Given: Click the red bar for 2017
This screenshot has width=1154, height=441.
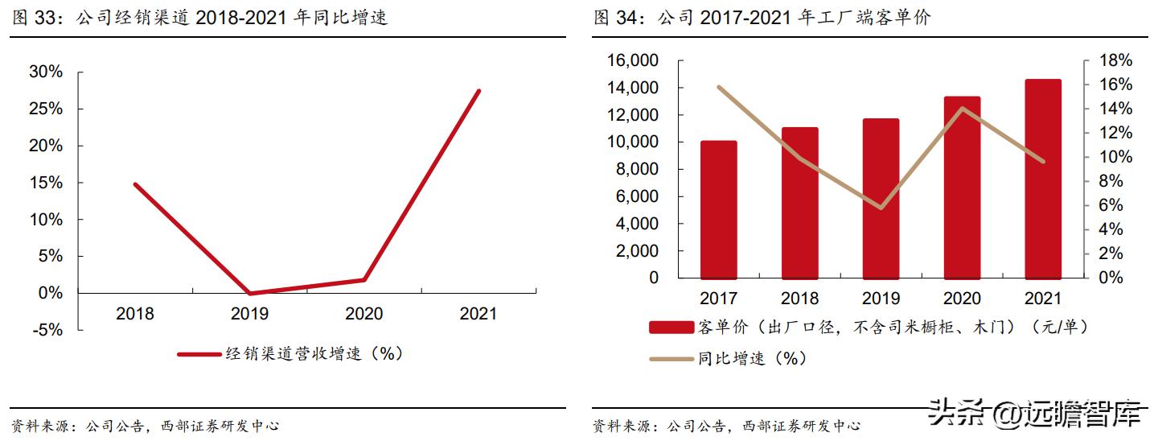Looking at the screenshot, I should pos(718,209).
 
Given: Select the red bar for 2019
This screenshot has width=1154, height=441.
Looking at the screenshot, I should pos(881,198).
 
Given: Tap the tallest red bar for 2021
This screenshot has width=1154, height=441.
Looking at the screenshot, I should pos(1043,179).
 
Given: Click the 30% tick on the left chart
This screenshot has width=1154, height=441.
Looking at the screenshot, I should pos(45,72).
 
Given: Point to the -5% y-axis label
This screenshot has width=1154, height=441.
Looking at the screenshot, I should pos(45,330).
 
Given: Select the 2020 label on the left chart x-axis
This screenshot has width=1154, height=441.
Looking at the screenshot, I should pos(363,314).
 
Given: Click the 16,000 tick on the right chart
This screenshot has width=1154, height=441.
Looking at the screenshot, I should pos(636,61).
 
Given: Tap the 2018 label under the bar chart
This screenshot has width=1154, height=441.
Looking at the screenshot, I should pos(799,299).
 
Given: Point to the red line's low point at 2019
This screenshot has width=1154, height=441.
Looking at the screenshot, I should pos(250,294).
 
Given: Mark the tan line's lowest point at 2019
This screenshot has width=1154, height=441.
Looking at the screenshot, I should pos(881,208).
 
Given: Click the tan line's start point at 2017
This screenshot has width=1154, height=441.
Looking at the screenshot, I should pos(718,87).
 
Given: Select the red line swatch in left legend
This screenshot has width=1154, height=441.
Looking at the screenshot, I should pos(198,353).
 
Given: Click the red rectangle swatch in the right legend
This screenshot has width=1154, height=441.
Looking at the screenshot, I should pos(671,327).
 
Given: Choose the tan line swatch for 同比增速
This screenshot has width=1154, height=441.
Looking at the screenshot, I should pos(671,359).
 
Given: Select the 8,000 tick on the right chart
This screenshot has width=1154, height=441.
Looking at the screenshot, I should pos(641,169).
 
